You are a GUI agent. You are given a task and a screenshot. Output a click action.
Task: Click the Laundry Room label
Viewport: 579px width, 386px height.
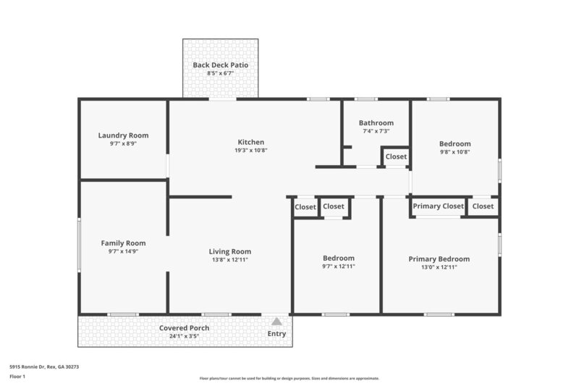pyautogui.click(x=123, y=135)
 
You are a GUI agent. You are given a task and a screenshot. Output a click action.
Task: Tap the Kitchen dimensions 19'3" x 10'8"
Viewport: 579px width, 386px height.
pyautogui.click(x=251, y=151)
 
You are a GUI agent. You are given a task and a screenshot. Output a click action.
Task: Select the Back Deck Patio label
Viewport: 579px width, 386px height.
pyautogui.click(x=220, y=65)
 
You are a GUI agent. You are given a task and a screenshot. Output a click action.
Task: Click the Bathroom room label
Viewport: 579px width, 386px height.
pyautogui.click(x=376, y=123)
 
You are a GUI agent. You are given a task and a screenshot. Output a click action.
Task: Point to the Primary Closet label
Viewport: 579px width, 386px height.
pyautogui.click(x=438, y=206)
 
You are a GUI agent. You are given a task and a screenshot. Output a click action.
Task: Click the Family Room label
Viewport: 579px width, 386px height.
pyautogui.click(x=123, y=243)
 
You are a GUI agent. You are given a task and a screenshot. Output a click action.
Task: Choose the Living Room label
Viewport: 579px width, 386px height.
pyautogui.click(x=230, y=251)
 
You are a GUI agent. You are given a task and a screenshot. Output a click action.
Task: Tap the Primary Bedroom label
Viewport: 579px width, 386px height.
pyautogui.click(x=439, y=259)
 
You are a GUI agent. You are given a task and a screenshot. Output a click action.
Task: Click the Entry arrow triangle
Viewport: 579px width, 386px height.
pyautogui.click(x=276, y=322)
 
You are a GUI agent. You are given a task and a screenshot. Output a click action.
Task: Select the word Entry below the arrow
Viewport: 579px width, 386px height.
pyautogui.click(x=276, y=334)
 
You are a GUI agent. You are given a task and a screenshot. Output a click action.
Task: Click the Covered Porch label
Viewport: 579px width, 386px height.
pyautogui.click(x=184, y=328)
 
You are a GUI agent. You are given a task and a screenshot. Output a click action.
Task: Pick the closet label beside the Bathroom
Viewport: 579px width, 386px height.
pyautogui.click(x=396, y=156)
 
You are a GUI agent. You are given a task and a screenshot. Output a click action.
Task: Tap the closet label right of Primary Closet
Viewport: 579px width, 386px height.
pyautogui.click(x=483, y=206)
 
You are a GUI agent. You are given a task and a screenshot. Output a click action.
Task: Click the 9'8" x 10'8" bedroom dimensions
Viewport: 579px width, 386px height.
pyautogui.click(x=455, y=152)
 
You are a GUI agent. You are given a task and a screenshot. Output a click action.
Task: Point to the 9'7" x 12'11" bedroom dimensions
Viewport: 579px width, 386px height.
pyautogui.click(x=338, y=267)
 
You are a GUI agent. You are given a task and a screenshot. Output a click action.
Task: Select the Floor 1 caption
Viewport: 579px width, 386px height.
pyautogui.click(x=18, y=377)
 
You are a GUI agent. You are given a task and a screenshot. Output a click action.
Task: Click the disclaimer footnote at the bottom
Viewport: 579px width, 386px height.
pyautogui.click(x=289, y=379)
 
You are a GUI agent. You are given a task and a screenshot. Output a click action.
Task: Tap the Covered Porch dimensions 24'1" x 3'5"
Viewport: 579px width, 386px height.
pyautogui.click(x=184, y=336)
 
